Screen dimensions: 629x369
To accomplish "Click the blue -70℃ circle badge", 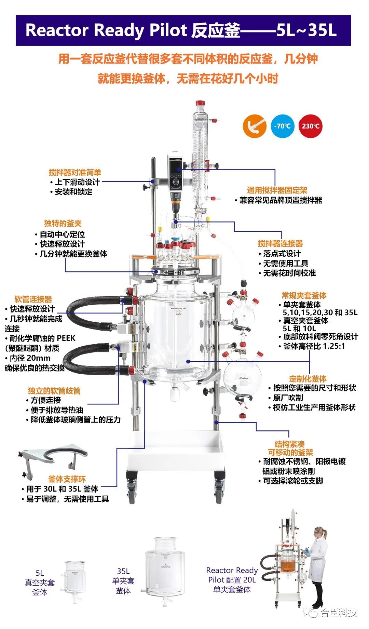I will [x=282, y=126].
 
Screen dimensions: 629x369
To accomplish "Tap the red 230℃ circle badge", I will [x=310, y=126].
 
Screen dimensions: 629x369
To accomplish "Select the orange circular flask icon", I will [x=255, y=126].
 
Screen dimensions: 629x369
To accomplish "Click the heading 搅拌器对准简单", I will [x=75, y=172].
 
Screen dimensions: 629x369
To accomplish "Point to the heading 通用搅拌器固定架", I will [x=277, y=190].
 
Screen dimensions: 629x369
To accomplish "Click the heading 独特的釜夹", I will [x=63, y=224].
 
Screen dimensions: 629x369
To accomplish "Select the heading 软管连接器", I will [x=33, y=299].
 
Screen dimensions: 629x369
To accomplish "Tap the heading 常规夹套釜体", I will [x=304, y=295].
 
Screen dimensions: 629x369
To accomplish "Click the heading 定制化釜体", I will [x=307, y=379].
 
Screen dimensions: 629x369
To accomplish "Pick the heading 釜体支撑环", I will [x=67, y=479].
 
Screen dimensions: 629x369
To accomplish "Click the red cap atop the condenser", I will [x=200, y=103].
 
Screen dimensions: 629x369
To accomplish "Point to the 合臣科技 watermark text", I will [x=338, y=612].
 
